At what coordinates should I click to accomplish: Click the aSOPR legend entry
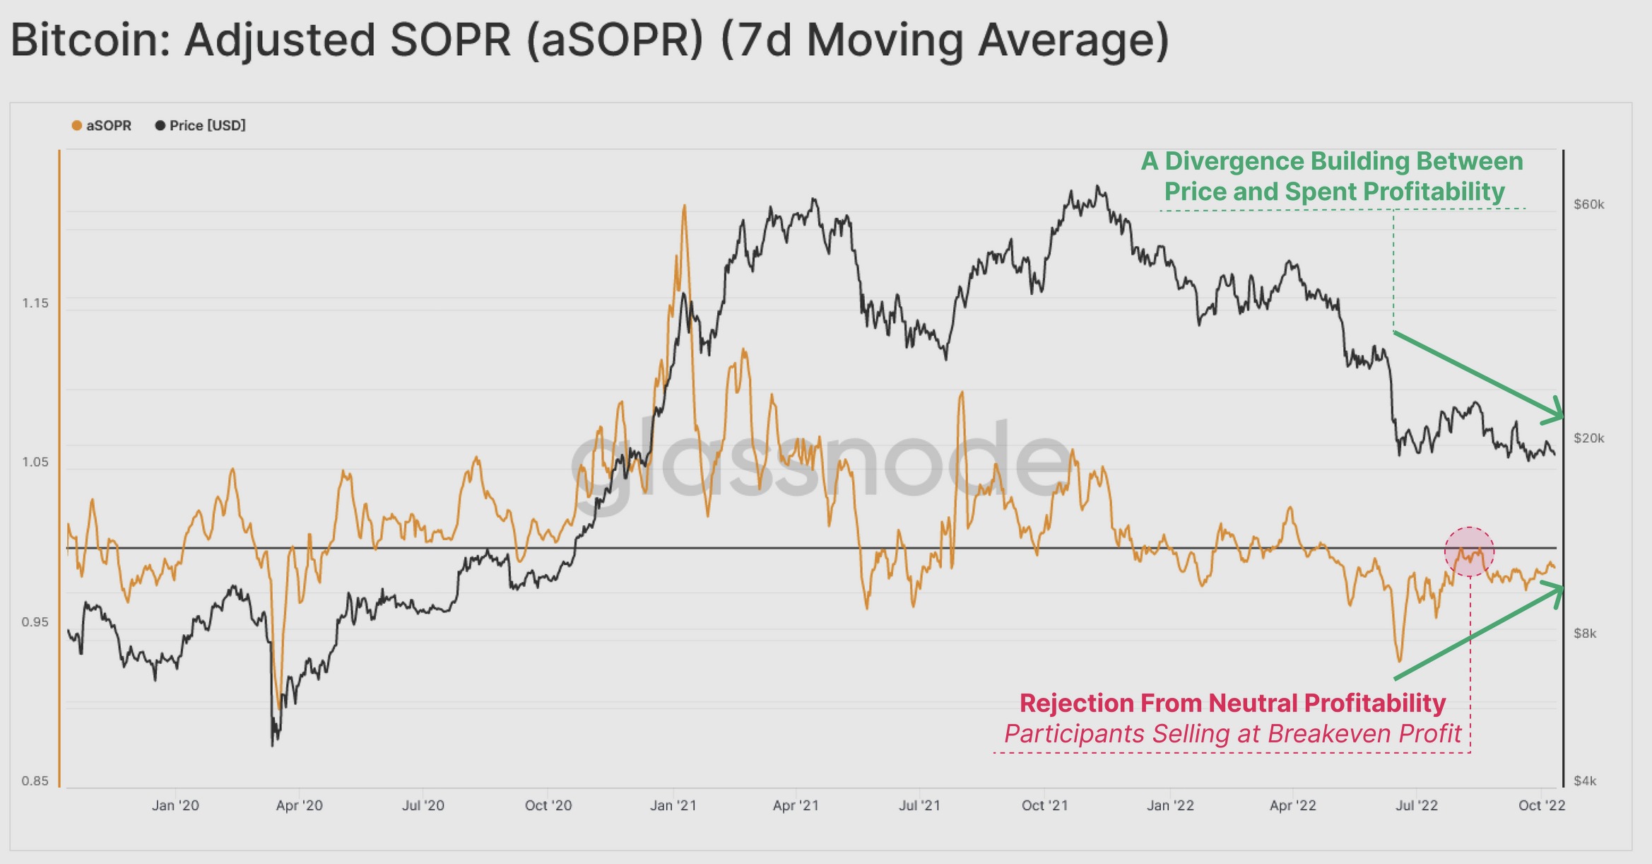102,126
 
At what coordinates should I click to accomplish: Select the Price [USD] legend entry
201,126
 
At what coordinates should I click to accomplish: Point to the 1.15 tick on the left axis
35,303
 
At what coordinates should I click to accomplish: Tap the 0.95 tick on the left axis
35,622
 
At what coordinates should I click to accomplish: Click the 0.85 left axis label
35,781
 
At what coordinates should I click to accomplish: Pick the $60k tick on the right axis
1589,204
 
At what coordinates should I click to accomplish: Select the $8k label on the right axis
1585,634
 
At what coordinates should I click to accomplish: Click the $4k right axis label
1585,781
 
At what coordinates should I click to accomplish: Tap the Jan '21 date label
673,805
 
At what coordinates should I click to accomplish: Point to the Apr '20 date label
299,805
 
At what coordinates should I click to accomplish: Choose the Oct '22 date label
1542,805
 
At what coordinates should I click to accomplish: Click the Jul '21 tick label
919,805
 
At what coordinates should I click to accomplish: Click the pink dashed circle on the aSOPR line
1469,551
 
